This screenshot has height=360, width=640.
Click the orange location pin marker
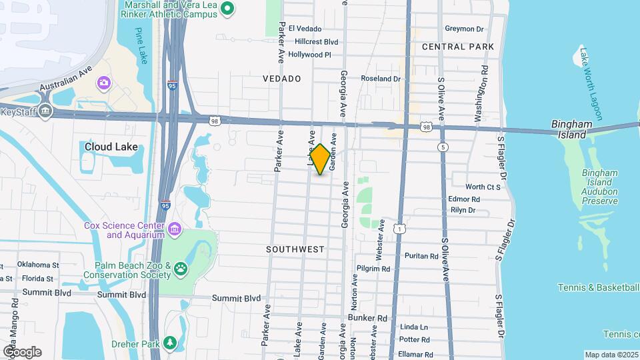coord(320,159)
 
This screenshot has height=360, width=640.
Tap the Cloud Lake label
coord(111,147)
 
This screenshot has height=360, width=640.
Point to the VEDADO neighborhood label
coord(281,79)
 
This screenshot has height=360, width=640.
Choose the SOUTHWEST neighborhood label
coord(295,249)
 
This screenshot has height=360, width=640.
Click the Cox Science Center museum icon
coord(173,230)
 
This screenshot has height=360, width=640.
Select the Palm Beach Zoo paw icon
coord(181,269)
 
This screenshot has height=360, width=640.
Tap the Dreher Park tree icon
coord(171,343)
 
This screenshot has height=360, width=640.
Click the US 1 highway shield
coord(398,229)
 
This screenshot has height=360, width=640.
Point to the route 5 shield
coord(442,147)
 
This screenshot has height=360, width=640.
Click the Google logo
coord(22,351)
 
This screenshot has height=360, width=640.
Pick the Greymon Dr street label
coord(464,29)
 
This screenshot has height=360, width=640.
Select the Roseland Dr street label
coord(380,79)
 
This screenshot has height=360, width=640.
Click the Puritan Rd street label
coord(421,255)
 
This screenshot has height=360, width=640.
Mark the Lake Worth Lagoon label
coord(590,83)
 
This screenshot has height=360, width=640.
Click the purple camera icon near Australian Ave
coord(103,83)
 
